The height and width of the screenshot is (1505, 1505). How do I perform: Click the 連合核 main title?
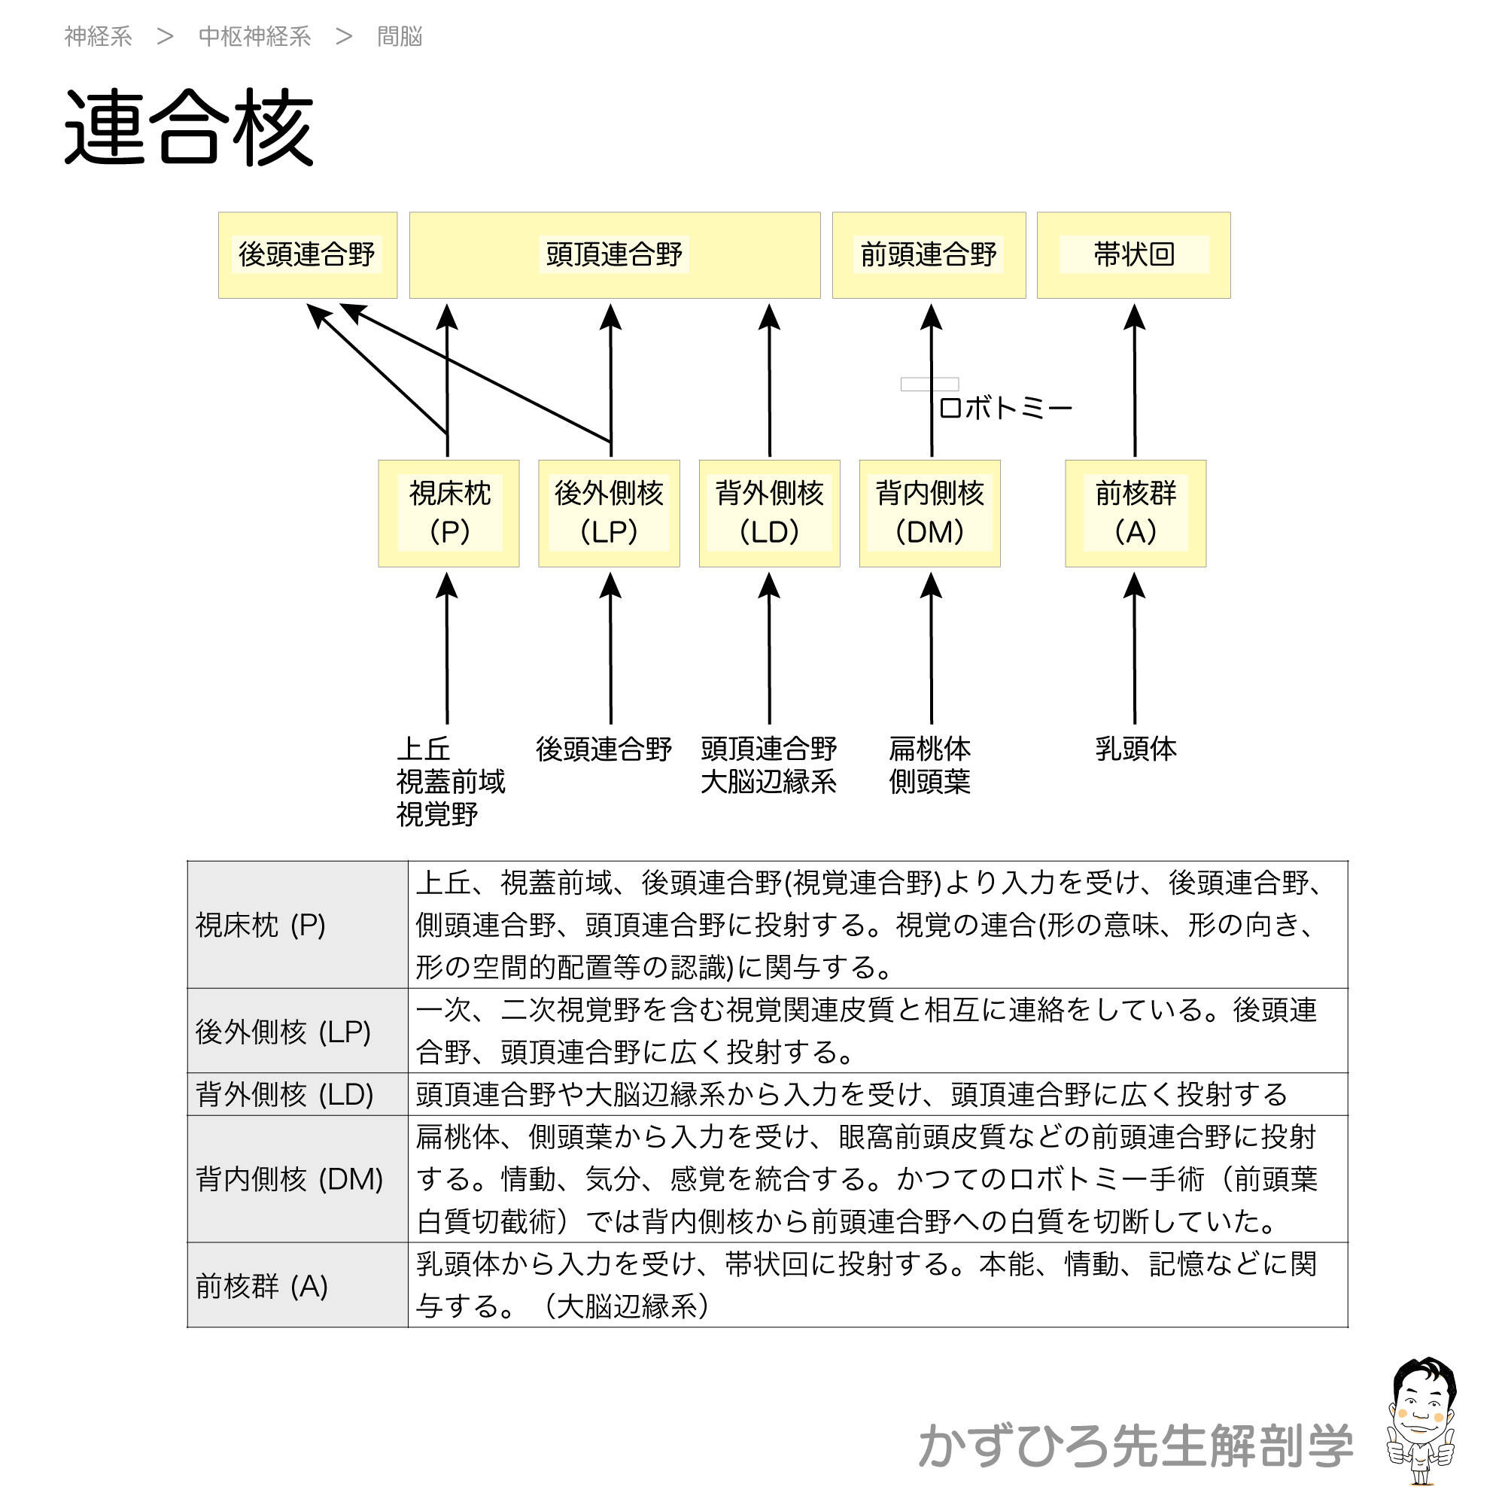pyautogui.click(x=189, y=126)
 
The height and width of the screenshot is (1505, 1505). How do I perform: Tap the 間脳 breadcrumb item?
pyautogui.click(x=399, y=37)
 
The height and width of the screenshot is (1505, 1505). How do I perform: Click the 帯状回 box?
pyautogui.click(x=1133, y=255)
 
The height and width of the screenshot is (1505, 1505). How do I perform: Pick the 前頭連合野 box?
pyautogui.click(x=929, y=255)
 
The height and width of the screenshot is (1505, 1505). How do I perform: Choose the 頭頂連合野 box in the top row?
pyautogui.click(x=614, y=255)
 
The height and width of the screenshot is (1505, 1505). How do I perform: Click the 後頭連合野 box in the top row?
pyautogui.click(x=307, y=255)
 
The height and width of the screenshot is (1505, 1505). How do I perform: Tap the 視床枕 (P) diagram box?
pyautogui.click(x=448, y=512)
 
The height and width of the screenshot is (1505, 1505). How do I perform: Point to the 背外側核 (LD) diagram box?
pyautogui.click(x=769, y=512)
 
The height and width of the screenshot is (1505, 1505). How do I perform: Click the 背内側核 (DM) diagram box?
pyautogui.click(x=929, y=512)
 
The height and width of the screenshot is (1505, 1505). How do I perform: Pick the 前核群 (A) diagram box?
pyautogui.click(x=1135, y=512)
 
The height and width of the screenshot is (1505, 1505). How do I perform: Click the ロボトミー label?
pyautogui.click(x=1005, y=407)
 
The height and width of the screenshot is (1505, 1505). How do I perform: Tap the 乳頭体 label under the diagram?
pyautogui.click(x=1135, y=749)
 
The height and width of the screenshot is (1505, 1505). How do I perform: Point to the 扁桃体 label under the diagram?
pyautogui.click(x=929, y=749)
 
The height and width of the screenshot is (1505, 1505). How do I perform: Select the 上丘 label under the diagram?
pyautogui.click(x=423, y=749)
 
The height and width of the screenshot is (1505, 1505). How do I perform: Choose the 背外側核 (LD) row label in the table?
pyautogui.click(x=284, y=1094)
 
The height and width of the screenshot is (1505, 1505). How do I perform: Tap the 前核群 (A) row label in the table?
pyautogui.click(x=261, y=1286)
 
